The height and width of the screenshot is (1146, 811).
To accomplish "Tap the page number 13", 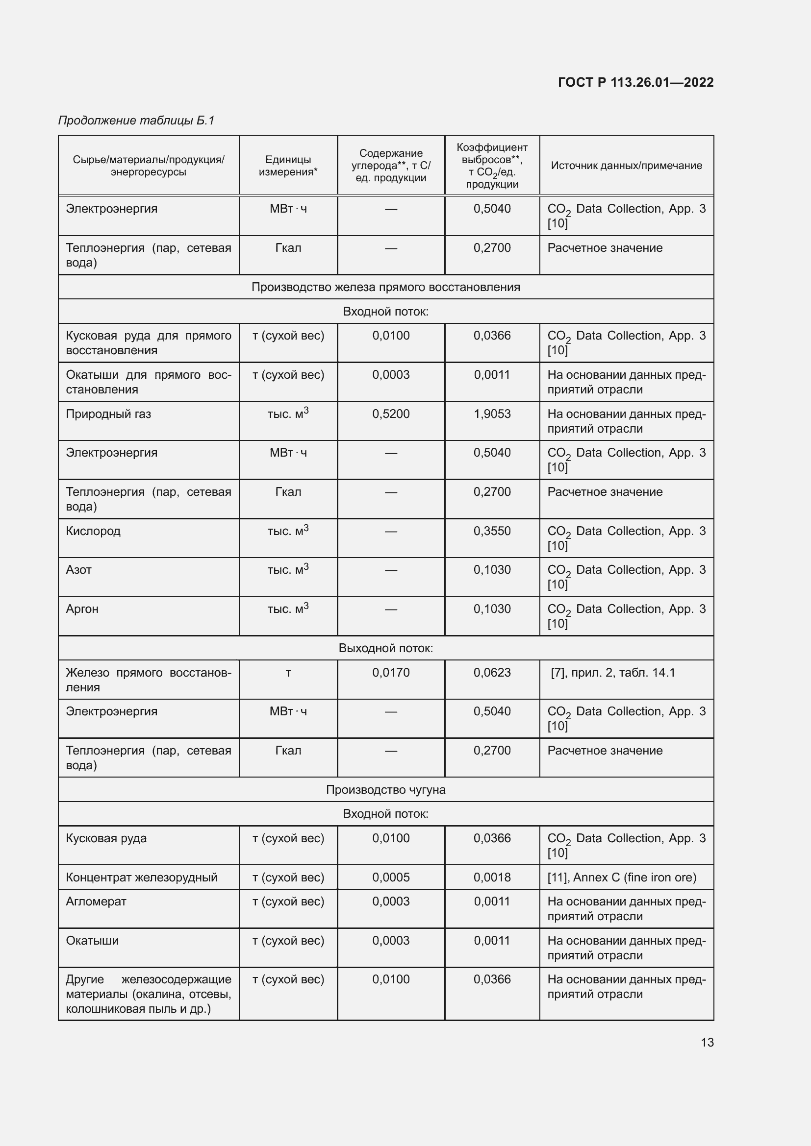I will click(x=707, y=1042).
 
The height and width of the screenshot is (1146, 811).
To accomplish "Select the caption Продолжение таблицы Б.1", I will click(x=136, y=121).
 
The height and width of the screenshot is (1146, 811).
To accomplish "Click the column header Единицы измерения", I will click(x=288, y=165).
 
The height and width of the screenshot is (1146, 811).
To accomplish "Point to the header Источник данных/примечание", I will click(x=626, y=165).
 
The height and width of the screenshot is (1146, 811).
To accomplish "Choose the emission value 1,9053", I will click(x=492, y=414).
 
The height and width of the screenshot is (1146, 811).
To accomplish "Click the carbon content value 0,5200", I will click(x=390, y=414).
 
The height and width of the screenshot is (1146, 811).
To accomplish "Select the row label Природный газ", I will click(x=108, y=414).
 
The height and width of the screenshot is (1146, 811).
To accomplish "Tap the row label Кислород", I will click(x=93, y=531).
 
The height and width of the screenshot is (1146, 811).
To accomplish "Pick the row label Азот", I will click(x=79, y=569).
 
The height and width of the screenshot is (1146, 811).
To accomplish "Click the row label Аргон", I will click(x=82, y=609).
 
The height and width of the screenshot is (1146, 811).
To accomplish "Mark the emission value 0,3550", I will click(x=492, y=531).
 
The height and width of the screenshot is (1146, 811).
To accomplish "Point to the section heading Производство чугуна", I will click(x=385, y=790).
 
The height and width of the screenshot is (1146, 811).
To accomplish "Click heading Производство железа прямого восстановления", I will click(x=385, y=287).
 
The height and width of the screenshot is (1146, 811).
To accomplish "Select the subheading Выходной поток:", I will click(x=385, y=648).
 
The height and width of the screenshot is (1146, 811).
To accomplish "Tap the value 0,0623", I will click(x=492, y=672).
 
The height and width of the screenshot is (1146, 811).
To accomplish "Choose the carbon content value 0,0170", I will click(x=390, y=672).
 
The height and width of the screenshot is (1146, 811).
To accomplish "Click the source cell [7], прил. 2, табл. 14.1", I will click(x=613, y=672).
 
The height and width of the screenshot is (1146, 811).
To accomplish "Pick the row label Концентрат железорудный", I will click(x=142, y=877).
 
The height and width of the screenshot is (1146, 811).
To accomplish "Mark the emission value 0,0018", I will click(x=492, y=877).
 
